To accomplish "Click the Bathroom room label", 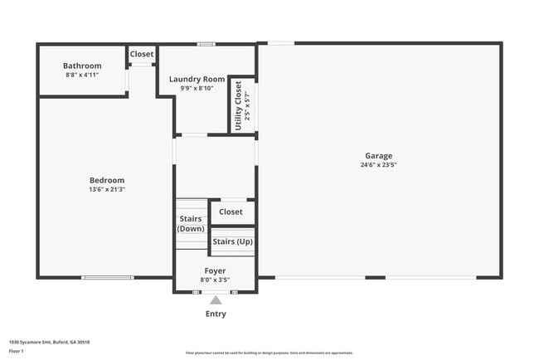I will [82, 66].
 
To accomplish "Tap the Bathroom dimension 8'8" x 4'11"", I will [82, 75].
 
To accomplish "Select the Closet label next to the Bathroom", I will [142, 54].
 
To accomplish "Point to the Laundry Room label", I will [197, 80].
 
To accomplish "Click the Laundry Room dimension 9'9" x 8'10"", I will [197, 88].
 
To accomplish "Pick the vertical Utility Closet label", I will [238, 105].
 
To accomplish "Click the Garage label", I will [379, 156].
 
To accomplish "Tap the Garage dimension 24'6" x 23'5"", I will [379, 165].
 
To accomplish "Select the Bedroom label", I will [107, 180].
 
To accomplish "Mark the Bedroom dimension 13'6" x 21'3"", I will [107, 189].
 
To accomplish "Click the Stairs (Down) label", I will [191, 224].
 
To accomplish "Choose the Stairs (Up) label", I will [232, 242].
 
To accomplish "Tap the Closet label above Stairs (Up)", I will [231, 212].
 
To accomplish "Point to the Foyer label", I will [215, 271].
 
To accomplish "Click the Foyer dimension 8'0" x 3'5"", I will [215, 280].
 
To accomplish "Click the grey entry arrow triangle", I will [216, 300].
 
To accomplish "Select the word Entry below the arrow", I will [216, 314].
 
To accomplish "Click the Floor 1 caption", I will [17, 352].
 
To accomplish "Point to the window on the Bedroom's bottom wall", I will [107, 277].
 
